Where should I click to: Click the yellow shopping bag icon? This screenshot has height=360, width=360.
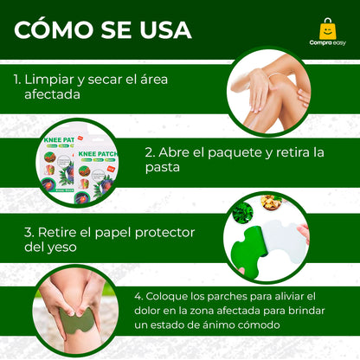click(x=326, y=28)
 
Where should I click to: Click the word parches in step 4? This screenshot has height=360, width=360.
click(x=205, y=295)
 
